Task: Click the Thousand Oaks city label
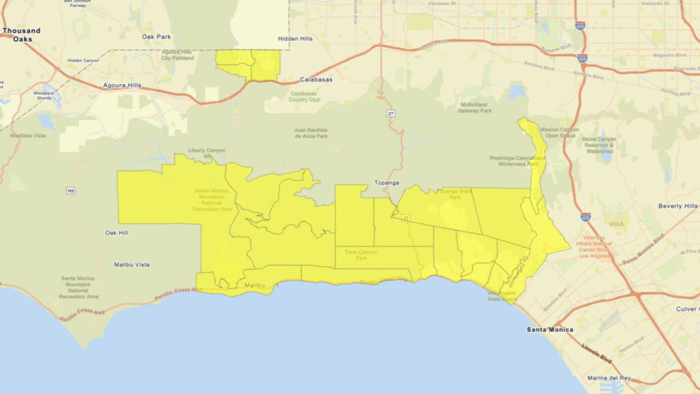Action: point(21,35)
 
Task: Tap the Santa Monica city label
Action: point(550,330)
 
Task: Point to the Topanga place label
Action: point(387,183)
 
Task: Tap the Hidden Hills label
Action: point(295,39)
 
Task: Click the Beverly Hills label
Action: point(678,206)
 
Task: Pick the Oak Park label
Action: point(157,37)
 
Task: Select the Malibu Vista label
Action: point(133,265)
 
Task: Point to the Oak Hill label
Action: point(118,233)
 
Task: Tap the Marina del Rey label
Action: point(612,378)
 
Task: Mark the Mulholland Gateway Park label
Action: point(476,108)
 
